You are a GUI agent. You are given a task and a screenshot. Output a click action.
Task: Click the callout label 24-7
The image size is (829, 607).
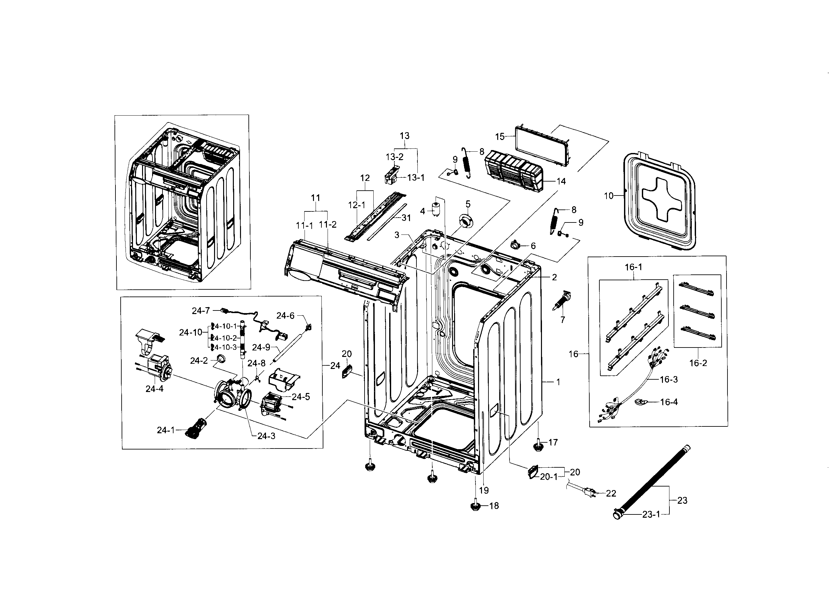coord(200,311)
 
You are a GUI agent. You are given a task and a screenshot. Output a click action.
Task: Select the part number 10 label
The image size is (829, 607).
coord(608,196)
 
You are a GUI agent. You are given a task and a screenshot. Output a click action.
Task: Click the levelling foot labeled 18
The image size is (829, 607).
coord(475,506)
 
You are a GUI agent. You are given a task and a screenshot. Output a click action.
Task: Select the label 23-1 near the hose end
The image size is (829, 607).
coord(651,515)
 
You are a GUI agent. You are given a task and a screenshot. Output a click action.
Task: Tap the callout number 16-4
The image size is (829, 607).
coord(669,402)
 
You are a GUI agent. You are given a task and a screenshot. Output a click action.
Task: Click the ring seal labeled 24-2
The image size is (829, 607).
coord(221,358)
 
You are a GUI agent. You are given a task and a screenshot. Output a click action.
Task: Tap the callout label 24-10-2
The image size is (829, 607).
coord(225,338)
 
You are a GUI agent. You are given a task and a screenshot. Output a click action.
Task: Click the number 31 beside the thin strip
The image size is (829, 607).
coord(406,218)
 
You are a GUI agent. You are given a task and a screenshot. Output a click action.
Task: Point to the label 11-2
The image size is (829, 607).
coord(327,224)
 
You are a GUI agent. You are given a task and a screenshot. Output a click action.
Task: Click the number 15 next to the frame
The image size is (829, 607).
coord(499,137)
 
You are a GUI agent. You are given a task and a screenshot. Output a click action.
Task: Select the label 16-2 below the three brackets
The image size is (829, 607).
coord(698,363)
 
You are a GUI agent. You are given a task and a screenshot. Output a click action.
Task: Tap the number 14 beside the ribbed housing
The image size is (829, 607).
coord(561,181)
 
